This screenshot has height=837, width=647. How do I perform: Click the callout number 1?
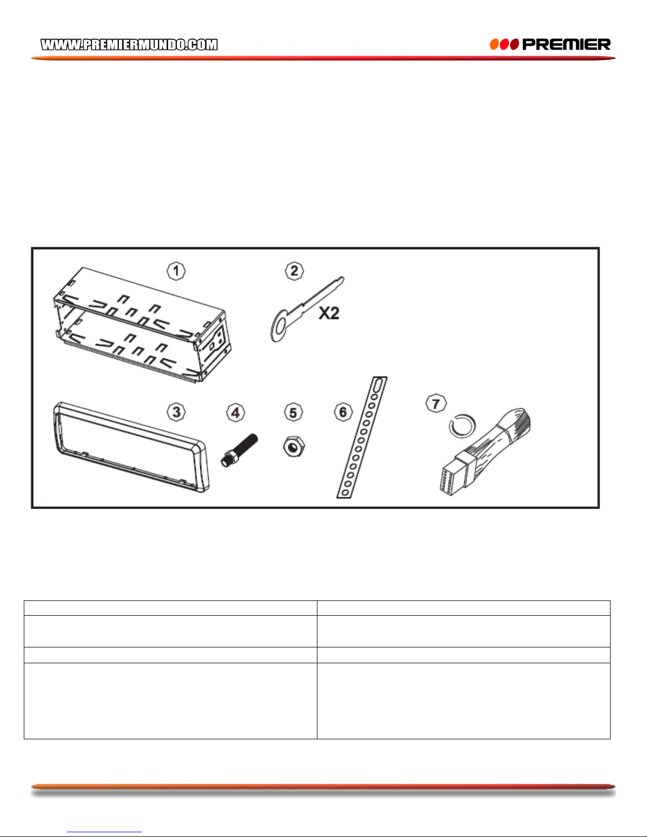coord(176,271)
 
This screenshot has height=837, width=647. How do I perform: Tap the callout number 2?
coord(294,271)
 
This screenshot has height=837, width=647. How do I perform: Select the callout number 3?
coord(176,412)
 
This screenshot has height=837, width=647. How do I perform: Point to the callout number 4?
coord(236,412)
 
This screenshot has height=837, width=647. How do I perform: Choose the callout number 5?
coord(293,412)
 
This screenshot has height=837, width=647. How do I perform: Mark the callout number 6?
coord(343,412)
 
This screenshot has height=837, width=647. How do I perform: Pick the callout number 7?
coord(436,403)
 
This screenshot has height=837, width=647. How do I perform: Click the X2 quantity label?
coord(329,313)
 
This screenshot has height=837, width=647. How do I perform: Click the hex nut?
coord(294,446)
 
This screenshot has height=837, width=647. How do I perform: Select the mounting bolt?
coord(239,450)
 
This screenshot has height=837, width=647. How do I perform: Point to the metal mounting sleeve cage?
coord(143,324)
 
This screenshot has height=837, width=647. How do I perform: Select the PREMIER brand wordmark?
coord(566,45)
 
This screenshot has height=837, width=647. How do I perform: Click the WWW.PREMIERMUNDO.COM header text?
coord(129,45)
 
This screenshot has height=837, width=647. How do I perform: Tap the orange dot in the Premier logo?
coord(494,45)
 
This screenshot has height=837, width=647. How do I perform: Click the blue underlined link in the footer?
coord(105,831)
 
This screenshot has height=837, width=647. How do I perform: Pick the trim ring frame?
coord(131,447)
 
